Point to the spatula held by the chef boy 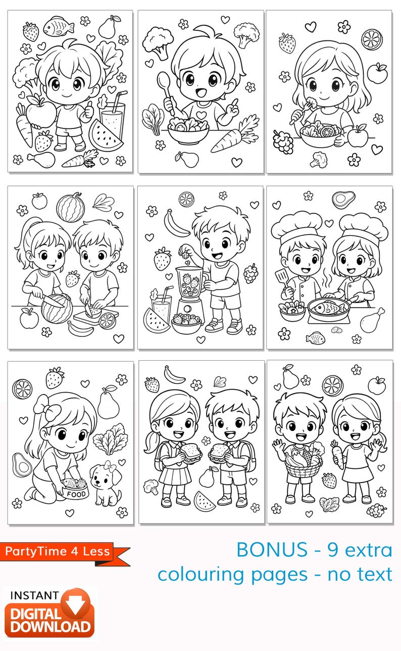282,277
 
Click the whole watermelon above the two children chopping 70,207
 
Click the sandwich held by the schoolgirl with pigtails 187,453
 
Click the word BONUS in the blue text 271,550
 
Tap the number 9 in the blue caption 334,550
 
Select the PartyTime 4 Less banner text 58,551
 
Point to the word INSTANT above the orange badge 34,595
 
